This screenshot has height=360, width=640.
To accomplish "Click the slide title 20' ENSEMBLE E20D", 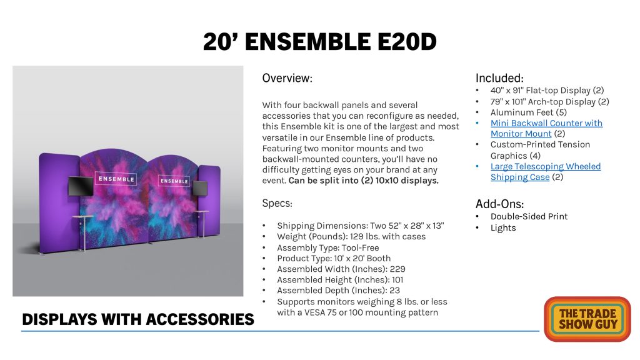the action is pos(319,42).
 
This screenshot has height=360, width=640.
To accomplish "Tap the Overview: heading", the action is pos(287,78).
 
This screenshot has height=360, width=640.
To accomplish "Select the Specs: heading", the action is pos(277,203).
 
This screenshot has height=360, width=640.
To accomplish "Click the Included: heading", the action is pos(499,78).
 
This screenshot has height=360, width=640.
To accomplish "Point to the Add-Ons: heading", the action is pos(499,204).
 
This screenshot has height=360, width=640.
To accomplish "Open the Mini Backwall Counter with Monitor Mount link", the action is pos(546,128).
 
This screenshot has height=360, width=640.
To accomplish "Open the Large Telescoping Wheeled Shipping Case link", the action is pos(545,171).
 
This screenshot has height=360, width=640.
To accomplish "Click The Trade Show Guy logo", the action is pos(587,319).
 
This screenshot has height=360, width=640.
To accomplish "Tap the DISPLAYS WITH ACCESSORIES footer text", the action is pos(138,319).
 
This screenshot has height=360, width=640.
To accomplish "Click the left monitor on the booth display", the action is pos(81,186).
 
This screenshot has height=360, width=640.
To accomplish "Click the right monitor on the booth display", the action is pos(200,188).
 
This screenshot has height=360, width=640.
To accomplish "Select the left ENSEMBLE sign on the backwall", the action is pos(116,179).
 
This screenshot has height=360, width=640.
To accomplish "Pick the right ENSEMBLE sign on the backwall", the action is pos(174,181).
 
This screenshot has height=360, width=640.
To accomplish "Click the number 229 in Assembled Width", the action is pos(397,269).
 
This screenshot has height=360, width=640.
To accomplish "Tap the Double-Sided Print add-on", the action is pos(529,216).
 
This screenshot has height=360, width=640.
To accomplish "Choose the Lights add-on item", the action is pos(503,227).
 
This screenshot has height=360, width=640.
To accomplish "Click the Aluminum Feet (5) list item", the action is pos(529,112).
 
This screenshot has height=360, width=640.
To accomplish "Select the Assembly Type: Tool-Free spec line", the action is pos(327,247).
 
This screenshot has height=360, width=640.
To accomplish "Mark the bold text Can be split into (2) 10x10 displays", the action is pos(363,181).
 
